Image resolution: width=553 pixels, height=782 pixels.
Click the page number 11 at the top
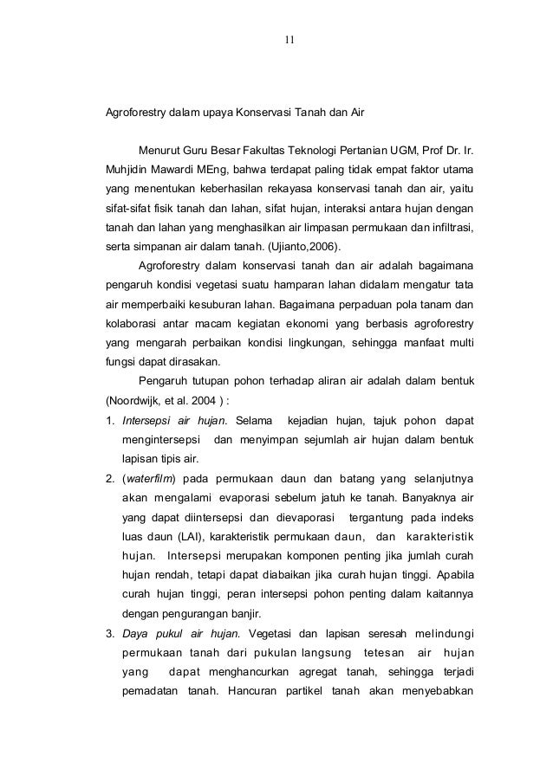coord(290,37)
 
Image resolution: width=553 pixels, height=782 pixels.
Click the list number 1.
coord(110,421)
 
